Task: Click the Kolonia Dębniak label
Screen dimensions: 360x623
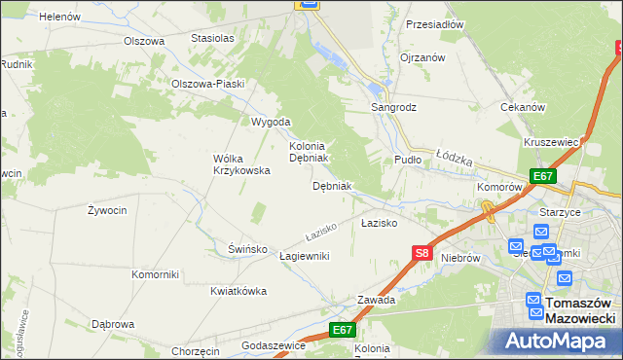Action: point(311,151)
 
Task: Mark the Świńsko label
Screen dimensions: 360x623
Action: point(247,249)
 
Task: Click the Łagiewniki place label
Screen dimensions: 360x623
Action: point(304,256)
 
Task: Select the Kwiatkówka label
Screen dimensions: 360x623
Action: point(238,291)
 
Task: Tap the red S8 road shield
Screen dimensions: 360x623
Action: point(421,254)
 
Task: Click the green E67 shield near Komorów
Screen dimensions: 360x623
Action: point(543,176)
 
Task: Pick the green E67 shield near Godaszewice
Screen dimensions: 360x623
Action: point(342,331)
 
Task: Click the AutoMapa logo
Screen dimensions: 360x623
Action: point(555,342)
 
